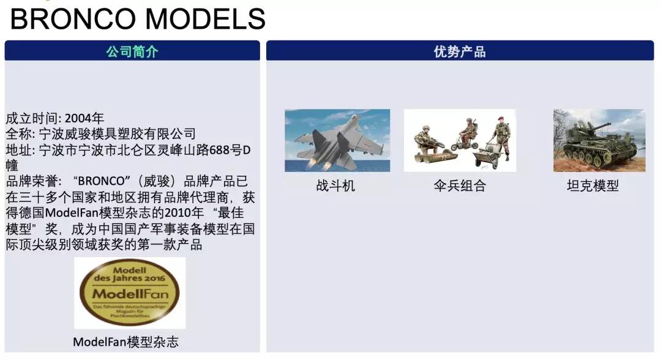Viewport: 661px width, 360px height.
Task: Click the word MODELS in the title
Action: pyautogui.click(x=206, y=19)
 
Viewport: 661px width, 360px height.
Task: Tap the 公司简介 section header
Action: pyautogui.click(x=132, y=51)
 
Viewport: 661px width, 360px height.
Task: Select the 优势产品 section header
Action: pyautogui.click(x=460, y=51)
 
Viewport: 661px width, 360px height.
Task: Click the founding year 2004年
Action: pyautogui.click(x=84, y=118)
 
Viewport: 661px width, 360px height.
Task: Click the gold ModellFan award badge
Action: pyautogui.click(x=130, y=292)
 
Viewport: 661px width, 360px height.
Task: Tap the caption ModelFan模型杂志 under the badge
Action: pyautogui.click(x=126, y=342)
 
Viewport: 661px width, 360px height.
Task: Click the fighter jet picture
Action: pyautogui.click(x=337, y=140)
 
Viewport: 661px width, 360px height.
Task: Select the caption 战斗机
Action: pyautogui.click(x=335, y=186)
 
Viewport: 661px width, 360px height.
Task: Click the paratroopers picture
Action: pyautogui.click(x=460, y=140)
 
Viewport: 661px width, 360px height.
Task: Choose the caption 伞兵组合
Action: pyautogui.click(x=460, y=186)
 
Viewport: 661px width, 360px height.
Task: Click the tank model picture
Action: pyautogui.click(x=599, y=140)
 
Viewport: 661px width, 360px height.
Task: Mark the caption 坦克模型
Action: pyautogui.click(x=592, y=186)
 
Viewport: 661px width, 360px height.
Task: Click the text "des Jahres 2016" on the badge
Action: pyautogui.click(x=130, y=275)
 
